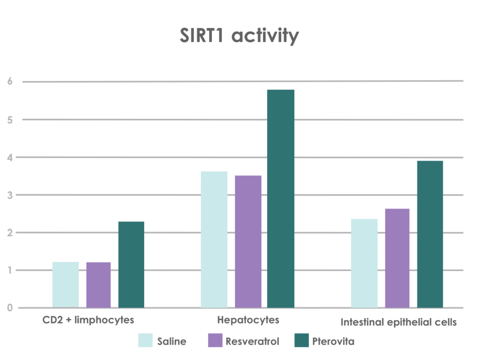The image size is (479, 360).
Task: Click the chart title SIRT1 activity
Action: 239,36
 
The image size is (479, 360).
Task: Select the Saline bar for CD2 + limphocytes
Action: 65,285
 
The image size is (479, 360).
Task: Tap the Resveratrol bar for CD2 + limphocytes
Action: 98,285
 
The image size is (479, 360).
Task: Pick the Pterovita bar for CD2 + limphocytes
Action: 131,264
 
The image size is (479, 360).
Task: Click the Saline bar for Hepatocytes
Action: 214,239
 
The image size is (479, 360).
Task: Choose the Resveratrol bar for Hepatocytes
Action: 248,242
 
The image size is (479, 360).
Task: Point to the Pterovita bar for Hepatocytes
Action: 281,198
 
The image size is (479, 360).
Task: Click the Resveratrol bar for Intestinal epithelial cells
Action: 397,258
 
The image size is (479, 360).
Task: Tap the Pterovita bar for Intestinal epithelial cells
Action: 430,234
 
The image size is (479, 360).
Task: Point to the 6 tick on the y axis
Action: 9,81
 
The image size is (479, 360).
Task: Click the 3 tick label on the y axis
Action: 9,195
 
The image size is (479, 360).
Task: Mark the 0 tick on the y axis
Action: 9,308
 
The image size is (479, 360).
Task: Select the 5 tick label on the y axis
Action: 9,119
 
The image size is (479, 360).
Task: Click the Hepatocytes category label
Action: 248,320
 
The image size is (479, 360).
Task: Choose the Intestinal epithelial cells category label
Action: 399,323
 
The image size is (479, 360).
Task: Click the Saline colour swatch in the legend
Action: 145,340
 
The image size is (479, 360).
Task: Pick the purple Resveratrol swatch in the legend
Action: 213,340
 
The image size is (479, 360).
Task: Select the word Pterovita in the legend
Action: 333,341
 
